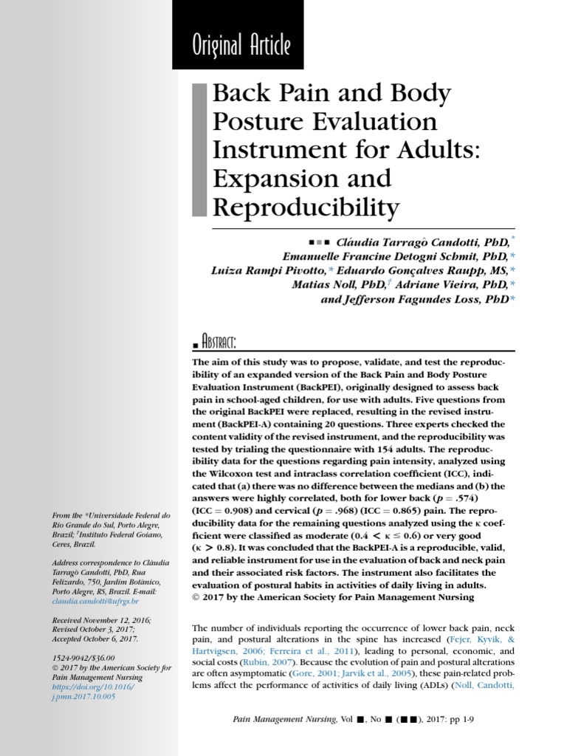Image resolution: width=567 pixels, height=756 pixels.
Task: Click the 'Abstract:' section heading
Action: point(213,343)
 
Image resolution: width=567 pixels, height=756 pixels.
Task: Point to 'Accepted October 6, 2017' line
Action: point(94,639)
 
